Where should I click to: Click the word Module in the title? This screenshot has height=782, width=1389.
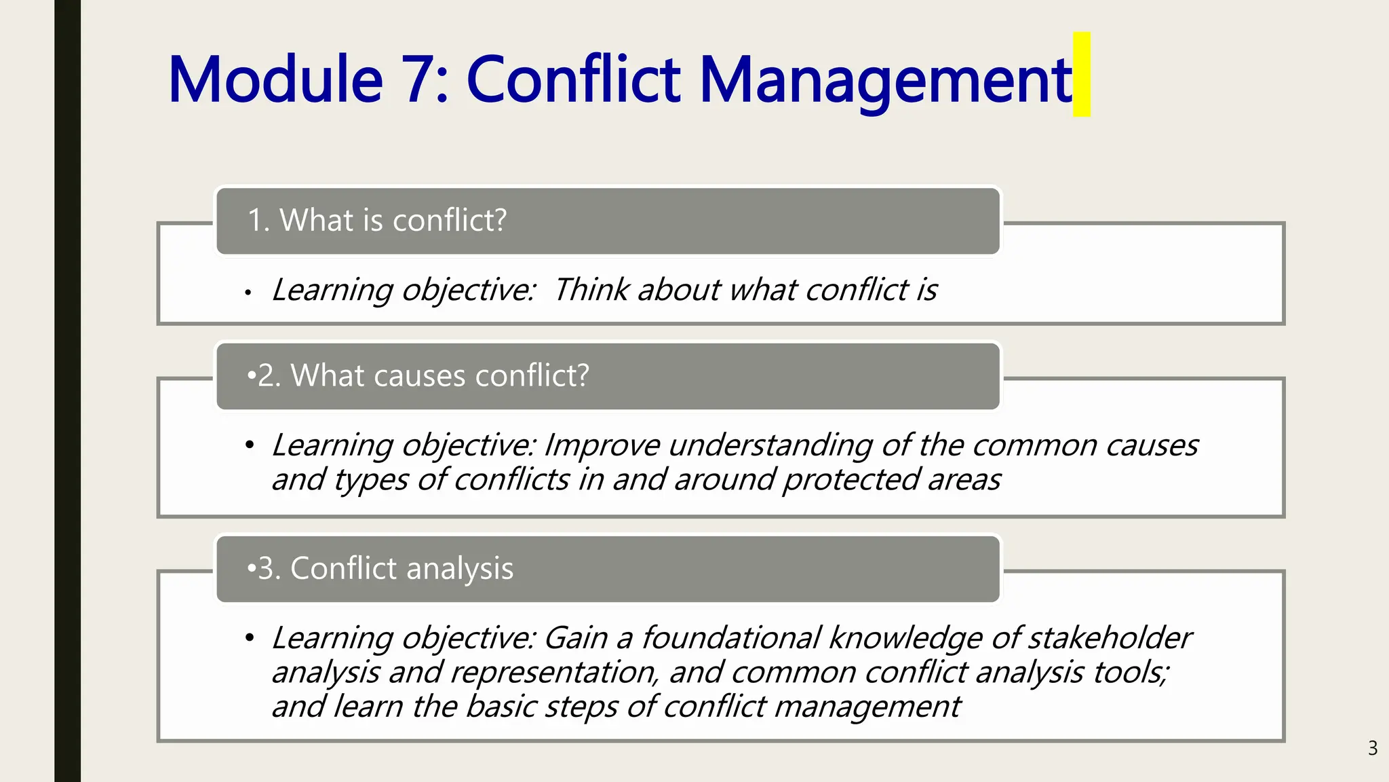[x=275, y=79]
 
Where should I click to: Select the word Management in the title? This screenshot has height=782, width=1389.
[x=885, y=79]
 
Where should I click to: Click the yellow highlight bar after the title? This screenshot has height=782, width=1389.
[x=1082, y=74]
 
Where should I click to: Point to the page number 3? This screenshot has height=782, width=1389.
[x=1373, y=748]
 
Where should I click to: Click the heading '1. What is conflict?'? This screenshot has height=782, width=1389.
[x=377, y=221]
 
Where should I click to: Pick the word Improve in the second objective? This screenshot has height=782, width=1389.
[x=602, y=445]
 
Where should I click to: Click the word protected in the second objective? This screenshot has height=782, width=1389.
[x=850, y=480]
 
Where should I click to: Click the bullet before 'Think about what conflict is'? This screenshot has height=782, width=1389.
[x=249, y=293]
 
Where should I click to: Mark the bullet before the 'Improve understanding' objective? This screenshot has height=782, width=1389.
[x=250, y=445]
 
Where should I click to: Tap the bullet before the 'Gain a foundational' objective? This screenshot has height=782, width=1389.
[x=250, y=638]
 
